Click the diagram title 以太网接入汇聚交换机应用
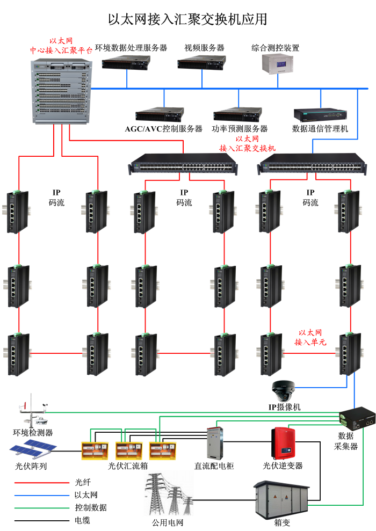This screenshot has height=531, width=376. point(187,19)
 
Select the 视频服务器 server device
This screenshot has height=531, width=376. point(202,64)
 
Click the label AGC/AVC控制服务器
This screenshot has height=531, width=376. point(164,129)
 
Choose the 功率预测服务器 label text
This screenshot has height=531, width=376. point(240,129)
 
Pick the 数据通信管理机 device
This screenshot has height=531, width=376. point(320,114)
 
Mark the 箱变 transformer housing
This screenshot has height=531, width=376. point(281,499)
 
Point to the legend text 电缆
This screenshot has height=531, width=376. point(83,520)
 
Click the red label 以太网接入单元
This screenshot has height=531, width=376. point(310,337)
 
